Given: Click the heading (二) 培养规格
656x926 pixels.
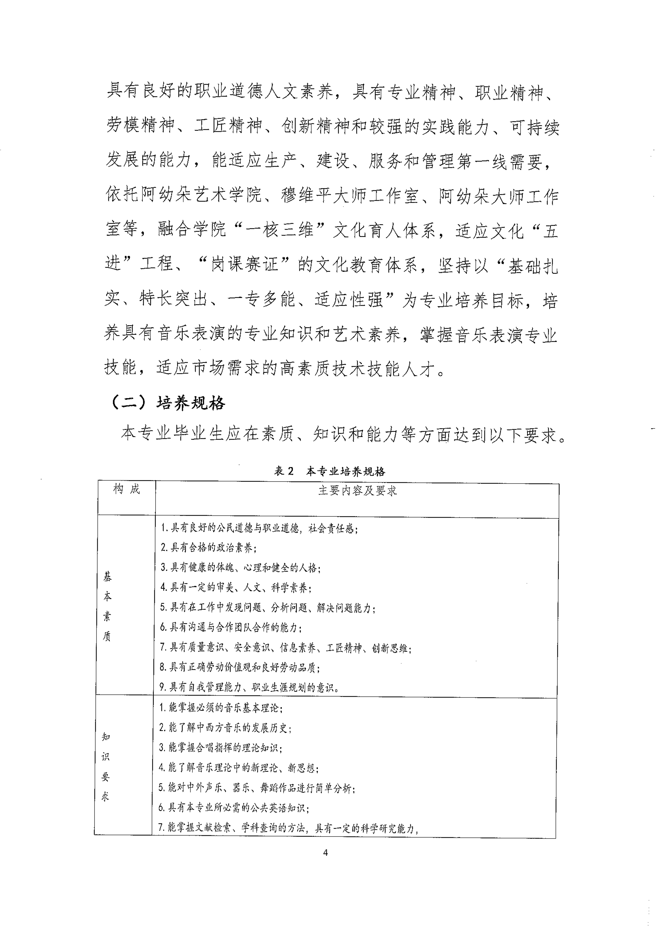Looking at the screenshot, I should [168, 403].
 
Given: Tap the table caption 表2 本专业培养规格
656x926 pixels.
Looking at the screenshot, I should [330, 471].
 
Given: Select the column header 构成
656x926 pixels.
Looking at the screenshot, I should [127, 489].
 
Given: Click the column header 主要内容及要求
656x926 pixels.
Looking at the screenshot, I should [357, 491].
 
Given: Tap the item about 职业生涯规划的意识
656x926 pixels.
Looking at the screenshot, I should [249, 687].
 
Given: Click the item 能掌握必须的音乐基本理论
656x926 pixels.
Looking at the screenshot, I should [221, 708].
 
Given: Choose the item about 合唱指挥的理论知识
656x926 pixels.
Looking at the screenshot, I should [220, 747].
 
